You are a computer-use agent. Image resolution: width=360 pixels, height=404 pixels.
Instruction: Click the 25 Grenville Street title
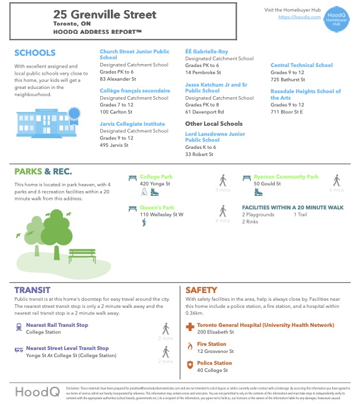point(105,14)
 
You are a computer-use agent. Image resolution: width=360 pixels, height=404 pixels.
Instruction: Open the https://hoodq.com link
point(295,18)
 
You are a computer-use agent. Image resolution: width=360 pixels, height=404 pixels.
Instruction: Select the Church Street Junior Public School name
point(134,55)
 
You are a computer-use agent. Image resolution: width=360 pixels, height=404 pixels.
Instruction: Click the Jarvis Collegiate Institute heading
point(132,124)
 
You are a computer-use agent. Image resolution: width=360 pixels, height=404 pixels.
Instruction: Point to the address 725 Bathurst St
point(288,79)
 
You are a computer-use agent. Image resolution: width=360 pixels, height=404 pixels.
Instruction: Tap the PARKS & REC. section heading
point(43,172)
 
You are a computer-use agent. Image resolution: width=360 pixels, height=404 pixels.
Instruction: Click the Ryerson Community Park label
point(286,177)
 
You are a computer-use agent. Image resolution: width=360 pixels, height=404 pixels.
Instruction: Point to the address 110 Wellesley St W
point(162,214)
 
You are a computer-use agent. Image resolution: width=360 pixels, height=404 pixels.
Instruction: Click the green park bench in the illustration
point(82,255)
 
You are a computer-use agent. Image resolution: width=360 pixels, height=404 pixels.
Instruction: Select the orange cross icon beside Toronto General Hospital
point(190,326)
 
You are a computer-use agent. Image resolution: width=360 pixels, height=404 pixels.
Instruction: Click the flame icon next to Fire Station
point(190,345)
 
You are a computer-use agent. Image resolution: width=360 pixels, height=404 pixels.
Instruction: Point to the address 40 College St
point(211,370)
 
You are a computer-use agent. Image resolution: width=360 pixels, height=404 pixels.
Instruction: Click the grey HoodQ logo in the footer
point(35,392)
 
